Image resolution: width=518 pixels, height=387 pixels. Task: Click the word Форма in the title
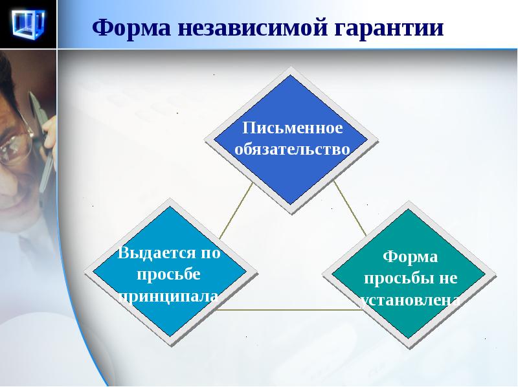pyautogui.click(x=131, y=28)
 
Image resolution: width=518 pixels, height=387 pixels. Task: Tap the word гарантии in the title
pyautogui.click(x=389, y=28)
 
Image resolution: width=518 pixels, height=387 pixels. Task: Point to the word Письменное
pyautogui.click(x=293, y=127)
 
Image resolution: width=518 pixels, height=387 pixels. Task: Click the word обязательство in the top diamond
pyautogui.click(x=293, y=149)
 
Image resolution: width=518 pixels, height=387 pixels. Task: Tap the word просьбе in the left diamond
pyautogui.click(x=168, y=275)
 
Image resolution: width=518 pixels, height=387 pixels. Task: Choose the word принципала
pyautogui.click(x=168, y=296)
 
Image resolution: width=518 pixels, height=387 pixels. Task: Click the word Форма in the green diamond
pyautogui.click(x=411, y=257)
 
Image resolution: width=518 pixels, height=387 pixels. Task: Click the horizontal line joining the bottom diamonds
pyautogui.click(x=287, y=310)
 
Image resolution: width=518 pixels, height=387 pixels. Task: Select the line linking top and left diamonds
pyautogui.click(x=236, y=211)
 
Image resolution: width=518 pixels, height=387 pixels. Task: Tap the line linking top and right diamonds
pyautogui.click(x=350, y=208)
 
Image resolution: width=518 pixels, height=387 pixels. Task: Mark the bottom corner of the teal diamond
pyautogui.click(x=409, y=338)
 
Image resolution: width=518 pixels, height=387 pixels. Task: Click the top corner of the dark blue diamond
pyautogui.click(x=290, y=75)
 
